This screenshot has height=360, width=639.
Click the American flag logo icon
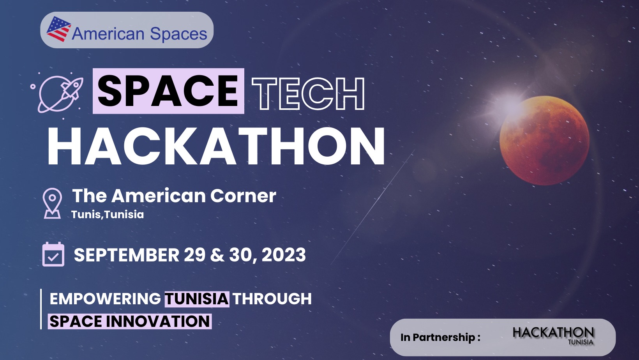tap(58, 29)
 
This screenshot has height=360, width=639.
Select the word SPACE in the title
tap(168, 91)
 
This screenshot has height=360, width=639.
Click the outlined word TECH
tap(308, 94)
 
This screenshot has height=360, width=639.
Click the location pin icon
tap(52, 203)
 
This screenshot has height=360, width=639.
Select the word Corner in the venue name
tap(243, 196)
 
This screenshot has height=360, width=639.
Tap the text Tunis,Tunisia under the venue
tap(108, 215)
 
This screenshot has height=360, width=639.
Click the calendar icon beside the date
tap(53, 254)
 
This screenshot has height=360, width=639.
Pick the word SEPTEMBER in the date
tap(126, 255)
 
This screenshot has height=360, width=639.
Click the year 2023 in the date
tap(284, 255)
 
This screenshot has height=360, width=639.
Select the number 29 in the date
tap(194, 255)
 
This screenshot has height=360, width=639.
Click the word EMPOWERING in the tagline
tap(105, 299)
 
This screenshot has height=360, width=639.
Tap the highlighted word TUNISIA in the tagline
tap(197, 299)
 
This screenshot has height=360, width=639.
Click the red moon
tap(545, 140)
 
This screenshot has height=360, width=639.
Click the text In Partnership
tap(440, 337)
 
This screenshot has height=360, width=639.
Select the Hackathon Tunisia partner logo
tap(553, 336)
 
